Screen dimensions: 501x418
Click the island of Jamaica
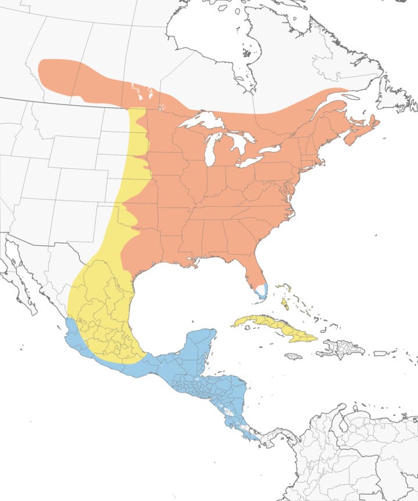(293, 356)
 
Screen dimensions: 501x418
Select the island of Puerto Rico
(381, 353)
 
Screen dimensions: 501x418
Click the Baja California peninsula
(17, 278)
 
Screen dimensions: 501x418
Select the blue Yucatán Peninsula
(200, 348)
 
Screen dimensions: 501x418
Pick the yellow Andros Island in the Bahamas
(285, 303)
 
